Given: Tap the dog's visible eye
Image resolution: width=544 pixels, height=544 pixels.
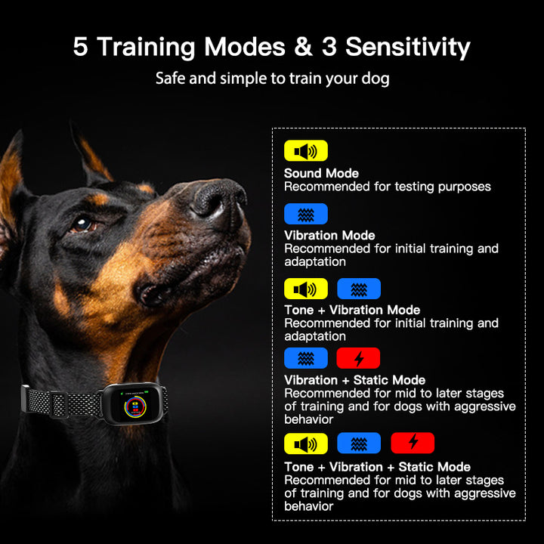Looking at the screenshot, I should click(81, 224).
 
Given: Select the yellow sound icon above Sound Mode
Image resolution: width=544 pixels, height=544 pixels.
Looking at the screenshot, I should click(305, 151).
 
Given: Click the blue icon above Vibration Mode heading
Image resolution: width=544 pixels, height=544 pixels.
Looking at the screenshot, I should click(305, 214).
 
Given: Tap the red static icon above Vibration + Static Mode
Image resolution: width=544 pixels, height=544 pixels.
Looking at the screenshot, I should click(358, 358).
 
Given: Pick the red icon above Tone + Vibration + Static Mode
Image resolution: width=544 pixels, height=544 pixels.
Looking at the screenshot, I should click(413, 443).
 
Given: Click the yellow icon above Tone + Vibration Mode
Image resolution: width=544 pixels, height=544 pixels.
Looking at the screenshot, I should click(305, 289).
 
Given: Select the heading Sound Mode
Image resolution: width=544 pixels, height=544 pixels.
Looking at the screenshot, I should click(321, 174).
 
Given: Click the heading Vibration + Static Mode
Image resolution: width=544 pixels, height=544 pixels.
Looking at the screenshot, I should click(354, 380).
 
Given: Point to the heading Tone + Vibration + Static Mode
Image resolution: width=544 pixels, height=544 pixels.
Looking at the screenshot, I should click(377, 467).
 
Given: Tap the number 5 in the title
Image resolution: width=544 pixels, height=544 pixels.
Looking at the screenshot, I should click(80, 47).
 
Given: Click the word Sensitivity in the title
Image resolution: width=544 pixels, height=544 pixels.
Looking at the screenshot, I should click(408, 47).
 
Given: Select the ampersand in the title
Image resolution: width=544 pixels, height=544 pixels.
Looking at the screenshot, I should click(301, 47).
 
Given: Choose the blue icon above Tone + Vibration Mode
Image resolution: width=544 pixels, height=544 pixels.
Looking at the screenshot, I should click(358, 289).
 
